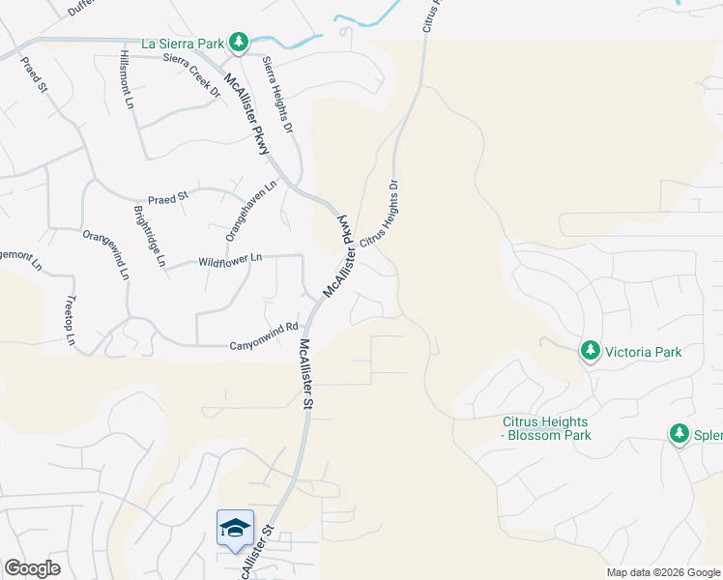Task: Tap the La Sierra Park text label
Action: click(x=183, y=43)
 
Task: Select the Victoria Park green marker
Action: click(x=590, y=351)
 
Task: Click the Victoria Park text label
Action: click(x=643, y=352)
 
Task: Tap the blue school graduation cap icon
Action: click(x=235, y=528)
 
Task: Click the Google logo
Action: click(x=32, y=568)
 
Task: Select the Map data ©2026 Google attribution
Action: click(x=662, y=572)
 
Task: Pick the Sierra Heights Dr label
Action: click(x=276, y=93)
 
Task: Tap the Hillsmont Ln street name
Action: click(x=127, y=79)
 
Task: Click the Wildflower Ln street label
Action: click(x=230, y=260)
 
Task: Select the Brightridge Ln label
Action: click(x=150, y=236)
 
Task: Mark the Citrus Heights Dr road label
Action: click(x=380, y=215)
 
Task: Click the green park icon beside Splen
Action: click(x=680, y=435)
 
